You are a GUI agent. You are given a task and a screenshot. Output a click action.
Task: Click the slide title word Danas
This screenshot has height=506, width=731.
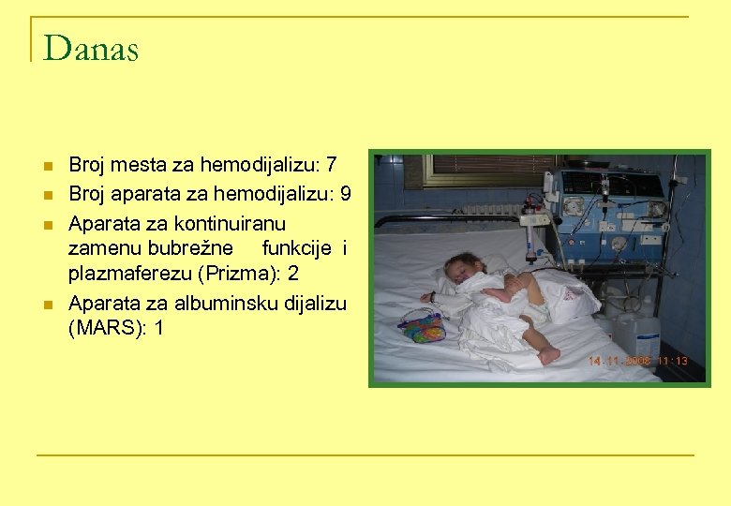pos(91,48)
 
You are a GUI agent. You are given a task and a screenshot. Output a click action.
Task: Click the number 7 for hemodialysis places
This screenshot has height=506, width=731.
pos(331,166)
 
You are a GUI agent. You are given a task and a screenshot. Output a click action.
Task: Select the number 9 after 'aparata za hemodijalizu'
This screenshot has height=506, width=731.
pos(346,195)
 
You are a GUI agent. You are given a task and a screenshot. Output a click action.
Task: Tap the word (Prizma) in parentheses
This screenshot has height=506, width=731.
pos(242,275)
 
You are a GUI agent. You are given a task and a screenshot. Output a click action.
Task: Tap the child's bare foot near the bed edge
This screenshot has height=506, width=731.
pos(548,354)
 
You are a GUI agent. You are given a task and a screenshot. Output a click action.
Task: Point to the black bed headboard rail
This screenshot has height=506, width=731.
pos(450,220)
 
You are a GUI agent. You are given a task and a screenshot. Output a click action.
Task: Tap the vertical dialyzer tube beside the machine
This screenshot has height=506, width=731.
pos(531,235)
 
